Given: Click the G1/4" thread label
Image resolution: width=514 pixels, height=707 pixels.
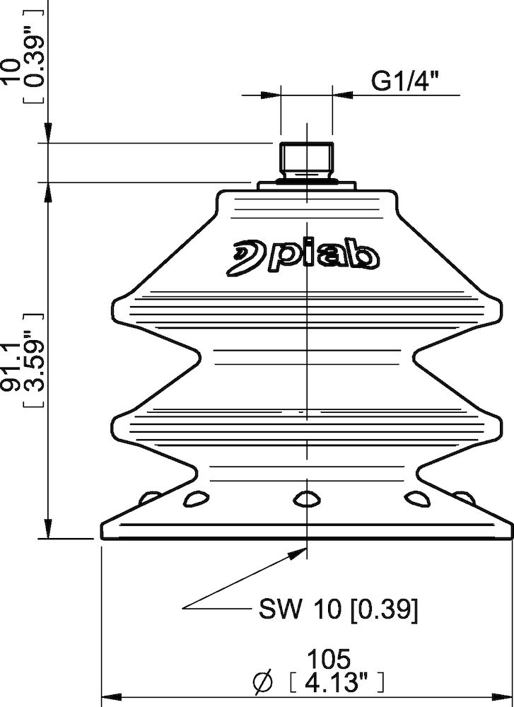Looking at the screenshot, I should pyautogui.click(x=405, y=82).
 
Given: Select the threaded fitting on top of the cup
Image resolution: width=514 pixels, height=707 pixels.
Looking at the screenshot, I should pyautogui.click(x=306, y=161).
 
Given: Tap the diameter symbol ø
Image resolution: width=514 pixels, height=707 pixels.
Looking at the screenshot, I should pyautogui.click(x=262, y=682).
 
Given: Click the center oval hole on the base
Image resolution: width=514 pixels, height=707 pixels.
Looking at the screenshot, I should pyautogui.click(x=306, y=499).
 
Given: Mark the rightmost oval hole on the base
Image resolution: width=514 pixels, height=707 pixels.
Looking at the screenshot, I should pyautogui.click(x=463, y=497).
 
